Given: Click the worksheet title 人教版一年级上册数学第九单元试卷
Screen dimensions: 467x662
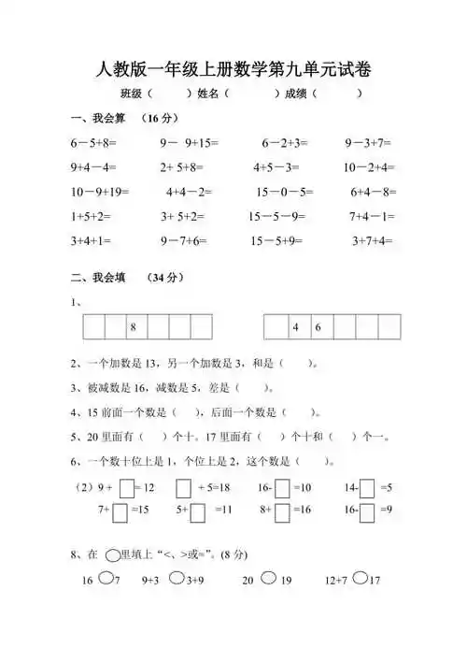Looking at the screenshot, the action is click(233, 68).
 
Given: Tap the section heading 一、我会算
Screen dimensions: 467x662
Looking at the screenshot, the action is click(92, 119).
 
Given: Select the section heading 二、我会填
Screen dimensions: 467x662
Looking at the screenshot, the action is click(92, 278).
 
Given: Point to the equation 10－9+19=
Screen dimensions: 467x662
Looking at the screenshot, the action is click(100, 193).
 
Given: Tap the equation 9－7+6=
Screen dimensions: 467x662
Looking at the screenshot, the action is click(183, 240).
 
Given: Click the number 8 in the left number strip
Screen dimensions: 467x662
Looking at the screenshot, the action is click(134, 327).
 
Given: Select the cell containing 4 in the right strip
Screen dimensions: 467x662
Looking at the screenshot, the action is click(295, 327).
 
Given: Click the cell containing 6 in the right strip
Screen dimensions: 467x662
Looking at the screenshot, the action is click(318, 327).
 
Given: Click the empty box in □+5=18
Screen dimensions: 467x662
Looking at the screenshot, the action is click(184, 487).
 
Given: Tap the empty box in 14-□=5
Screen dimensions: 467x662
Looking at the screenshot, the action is click(367, 487).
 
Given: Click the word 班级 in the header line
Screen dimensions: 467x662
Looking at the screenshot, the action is click(131, 94).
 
